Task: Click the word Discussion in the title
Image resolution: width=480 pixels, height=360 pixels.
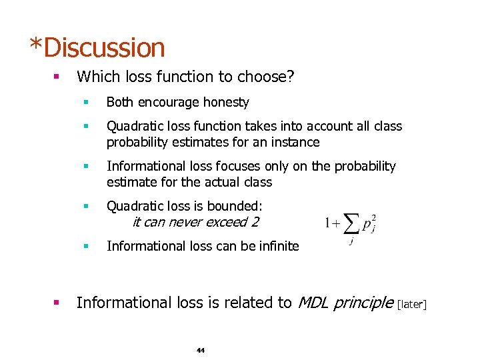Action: pyautogui.click(x=105, y=48)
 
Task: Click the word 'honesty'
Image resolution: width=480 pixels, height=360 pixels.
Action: pyautogui.click(x=225, y=103)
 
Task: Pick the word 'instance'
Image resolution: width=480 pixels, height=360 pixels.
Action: pyautogui.click(x=296, y=142)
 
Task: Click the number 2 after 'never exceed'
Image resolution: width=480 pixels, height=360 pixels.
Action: pyautogui.click(x=255, y=222)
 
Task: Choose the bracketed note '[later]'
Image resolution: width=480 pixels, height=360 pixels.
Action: pyautogui.click(x=411, y=305)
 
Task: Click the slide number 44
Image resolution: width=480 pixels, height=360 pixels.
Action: pyautogui.click(x=200, y=350)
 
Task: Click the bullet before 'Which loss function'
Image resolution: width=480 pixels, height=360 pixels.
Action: pyautogui.click(x=57, y=77)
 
